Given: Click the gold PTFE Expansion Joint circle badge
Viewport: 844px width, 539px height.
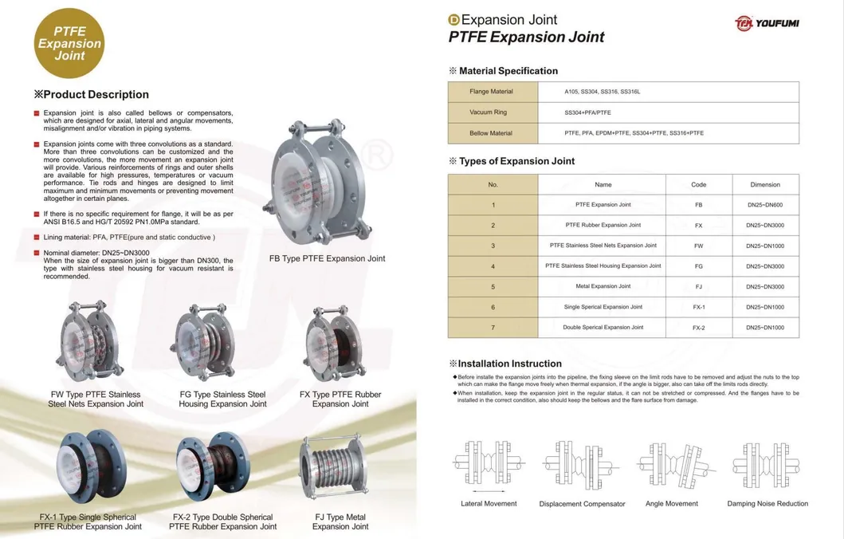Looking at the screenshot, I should (x=70, y=44).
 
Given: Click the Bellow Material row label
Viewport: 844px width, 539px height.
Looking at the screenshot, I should (x=492, y=133).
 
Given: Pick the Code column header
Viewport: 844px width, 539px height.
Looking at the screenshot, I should (x=698, y=184).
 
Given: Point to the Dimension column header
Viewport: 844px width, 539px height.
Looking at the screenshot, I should (x=765, y=184).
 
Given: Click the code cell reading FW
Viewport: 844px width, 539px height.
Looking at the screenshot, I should (x=698, y=246).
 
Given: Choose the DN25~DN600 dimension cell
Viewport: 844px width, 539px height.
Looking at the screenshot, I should (x=765, y=205).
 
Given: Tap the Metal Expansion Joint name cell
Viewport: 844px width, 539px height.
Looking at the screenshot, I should (x=603, y=286).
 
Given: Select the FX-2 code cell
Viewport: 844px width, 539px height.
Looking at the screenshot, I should (x=698, y=328).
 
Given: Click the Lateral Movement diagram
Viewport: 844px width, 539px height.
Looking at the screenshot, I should (x=489, y=466).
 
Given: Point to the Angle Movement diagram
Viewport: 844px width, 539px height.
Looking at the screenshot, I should (x=671, y=466).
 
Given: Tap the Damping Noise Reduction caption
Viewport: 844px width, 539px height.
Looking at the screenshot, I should (x=767, y=504).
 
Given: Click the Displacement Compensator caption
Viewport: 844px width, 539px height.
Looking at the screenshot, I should (x=582, y=504).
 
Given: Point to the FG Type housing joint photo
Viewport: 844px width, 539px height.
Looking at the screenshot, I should (x=210, y=344).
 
